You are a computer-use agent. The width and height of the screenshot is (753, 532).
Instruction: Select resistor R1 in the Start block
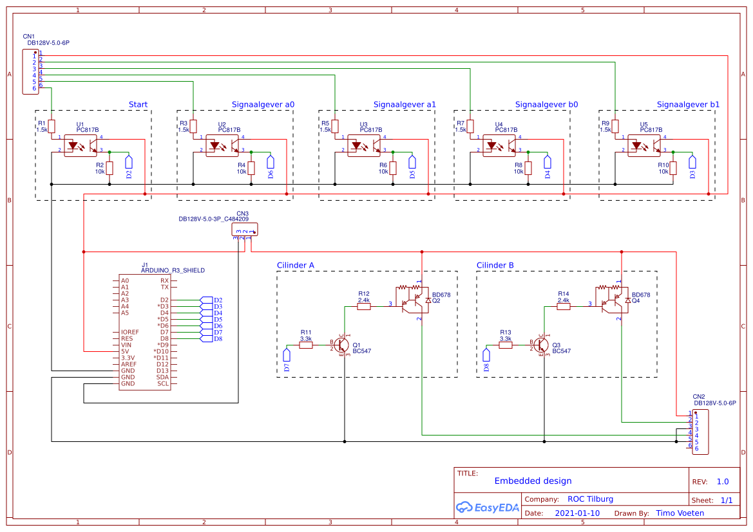coord(52,125)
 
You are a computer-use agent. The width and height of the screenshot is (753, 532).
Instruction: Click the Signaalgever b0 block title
coord(546,104)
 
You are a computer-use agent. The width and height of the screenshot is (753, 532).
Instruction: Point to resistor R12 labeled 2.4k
coord(364,307)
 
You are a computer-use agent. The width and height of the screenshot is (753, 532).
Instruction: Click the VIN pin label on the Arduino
coord(126,345)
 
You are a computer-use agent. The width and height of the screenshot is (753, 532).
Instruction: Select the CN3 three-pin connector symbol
coord(245,230)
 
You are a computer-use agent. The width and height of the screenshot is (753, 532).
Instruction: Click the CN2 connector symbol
coord(700,432)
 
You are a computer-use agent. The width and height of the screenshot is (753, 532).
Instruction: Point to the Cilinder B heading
coord(495,265)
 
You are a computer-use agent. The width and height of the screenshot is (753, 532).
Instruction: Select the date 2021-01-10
coord(577,513)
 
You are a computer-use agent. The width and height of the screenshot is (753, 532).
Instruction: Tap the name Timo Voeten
coord(680,513)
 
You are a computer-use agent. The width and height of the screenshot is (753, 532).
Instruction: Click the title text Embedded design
coord(533,481)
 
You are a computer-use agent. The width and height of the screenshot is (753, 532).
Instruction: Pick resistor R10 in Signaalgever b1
coord(673,169)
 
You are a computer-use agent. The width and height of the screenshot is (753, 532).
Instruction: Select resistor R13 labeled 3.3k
coord(506,345)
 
